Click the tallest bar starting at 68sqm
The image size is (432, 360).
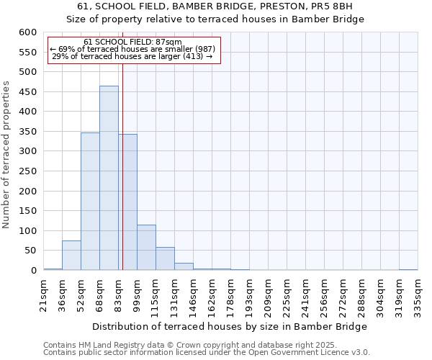[x=109, y=178]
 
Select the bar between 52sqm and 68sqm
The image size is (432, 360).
[x=90, y=202]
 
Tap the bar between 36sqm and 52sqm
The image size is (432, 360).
[x=71, y=256]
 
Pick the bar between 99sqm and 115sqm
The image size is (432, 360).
[x=146, y=248]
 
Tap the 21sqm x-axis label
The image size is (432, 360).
[x=43, y=294]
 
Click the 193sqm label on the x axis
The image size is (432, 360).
[x=249, y=296]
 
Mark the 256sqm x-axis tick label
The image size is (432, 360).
[x=324, y=296]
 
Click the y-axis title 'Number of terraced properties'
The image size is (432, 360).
[x=6, y=155]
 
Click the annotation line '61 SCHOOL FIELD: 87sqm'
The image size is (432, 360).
[x=132, y=42]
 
